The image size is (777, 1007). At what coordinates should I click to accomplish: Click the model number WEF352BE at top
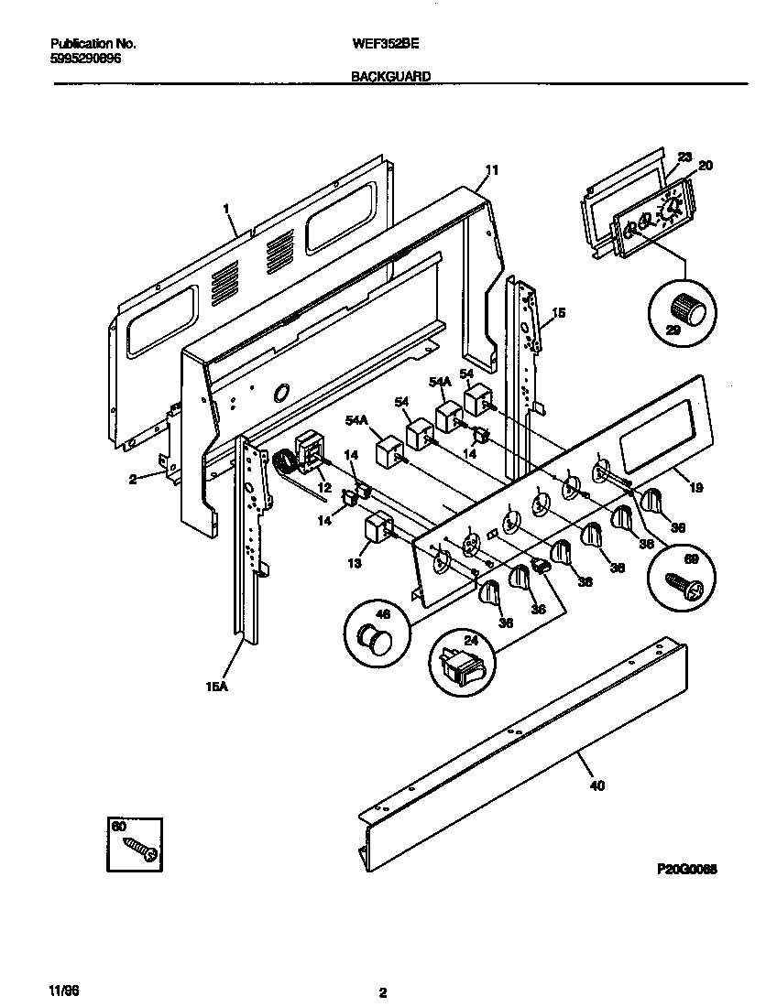380,43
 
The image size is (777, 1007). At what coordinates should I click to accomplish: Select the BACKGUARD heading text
391,78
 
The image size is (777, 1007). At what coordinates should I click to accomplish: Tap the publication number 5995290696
84,58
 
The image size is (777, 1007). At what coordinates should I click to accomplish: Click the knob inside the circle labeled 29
686,310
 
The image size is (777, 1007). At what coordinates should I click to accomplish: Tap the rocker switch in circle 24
462,667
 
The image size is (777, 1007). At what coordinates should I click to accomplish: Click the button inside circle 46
374,635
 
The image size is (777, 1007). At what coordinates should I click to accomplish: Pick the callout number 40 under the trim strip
596,785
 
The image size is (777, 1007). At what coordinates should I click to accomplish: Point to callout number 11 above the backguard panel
492,170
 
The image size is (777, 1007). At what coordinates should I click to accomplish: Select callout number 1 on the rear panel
224,209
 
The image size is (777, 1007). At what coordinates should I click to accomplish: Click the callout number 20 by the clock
705,166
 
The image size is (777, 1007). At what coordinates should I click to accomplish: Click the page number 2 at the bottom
383,992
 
